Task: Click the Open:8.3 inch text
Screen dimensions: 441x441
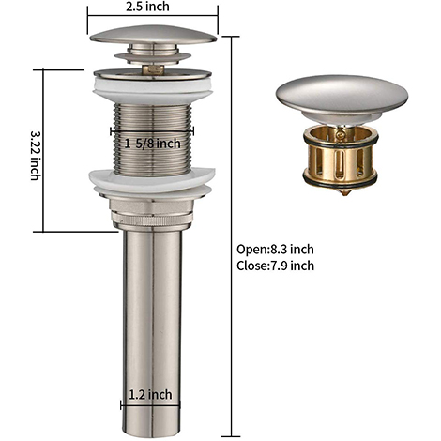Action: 277,250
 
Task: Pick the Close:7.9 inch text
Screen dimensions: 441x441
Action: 276,266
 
